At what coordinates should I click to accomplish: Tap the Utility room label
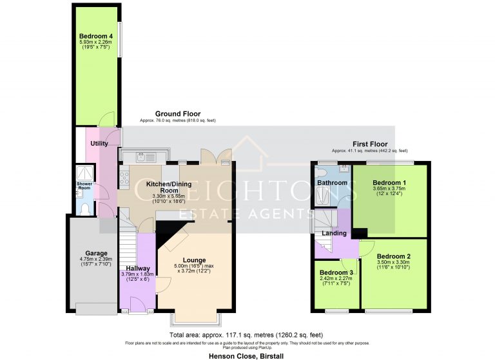pos(99,144)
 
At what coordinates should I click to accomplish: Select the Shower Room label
pos(85,185)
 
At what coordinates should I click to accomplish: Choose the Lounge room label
pos(193,260)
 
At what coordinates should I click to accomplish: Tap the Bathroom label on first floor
pos(332,183)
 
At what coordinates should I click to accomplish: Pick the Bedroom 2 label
pos(394,256)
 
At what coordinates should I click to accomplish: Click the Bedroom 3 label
pos(336,272)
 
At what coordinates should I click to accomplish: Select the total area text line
pos(246,335)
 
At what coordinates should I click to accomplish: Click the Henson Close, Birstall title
pos(247,355)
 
